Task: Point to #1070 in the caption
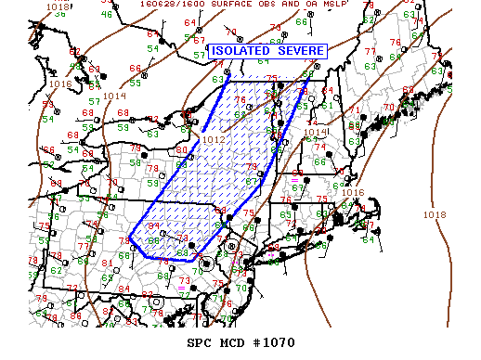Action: [x=273, y=342]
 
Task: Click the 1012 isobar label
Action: [x=214, y=140]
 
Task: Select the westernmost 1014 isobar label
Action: [x=116, y=96]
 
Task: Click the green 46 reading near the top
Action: [x=107, y=15]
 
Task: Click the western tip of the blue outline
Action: [x=129, y=238]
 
